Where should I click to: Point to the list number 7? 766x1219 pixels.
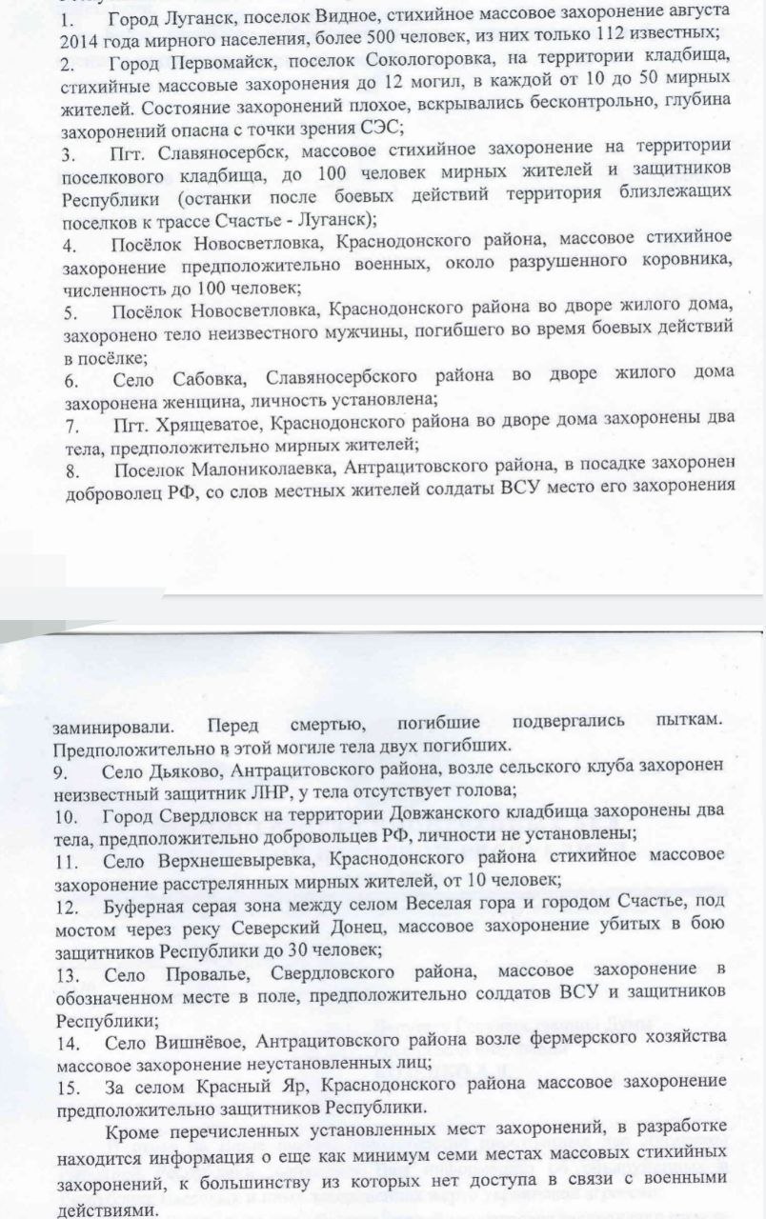[70, 422]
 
